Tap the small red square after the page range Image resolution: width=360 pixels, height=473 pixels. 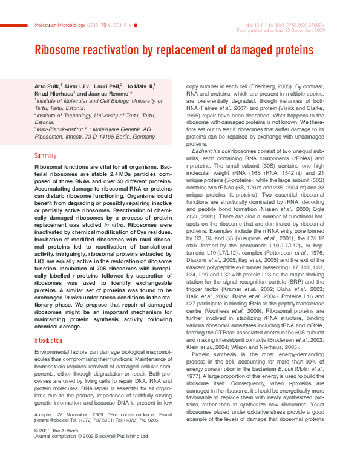pos(136,24)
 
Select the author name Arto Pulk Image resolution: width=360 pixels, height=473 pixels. pos(47,87)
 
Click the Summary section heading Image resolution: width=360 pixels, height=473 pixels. pos(45,155)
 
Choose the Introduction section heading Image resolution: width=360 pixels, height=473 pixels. pos(48,341)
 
